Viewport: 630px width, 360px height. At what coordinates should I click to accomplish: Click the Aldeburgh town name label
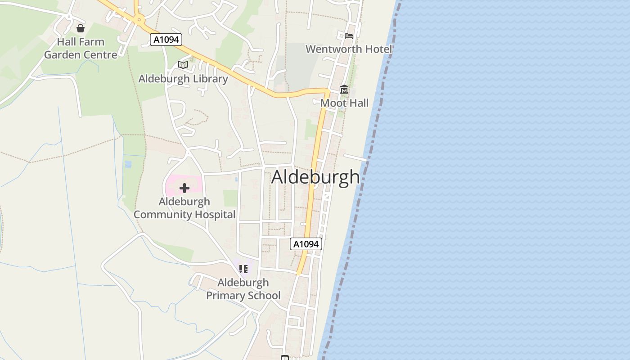[316, 177]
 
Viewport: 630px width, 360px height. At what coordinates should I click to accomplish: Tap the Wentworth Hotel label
[349, 49]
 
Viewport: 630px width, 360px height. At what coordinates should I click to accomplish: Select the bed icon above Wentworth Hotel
[349, 36]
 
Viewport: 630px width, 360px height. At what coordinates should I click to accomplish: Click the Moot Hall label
[344, 103]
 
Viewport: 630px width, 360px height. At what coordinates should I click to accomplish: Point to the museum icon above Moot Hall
[344, 90]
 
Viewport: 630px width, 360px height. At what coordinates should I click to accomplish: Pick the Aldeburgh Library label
[183, 79]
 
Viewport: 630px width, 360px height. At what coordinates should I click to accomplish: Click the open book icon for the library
[183, 65]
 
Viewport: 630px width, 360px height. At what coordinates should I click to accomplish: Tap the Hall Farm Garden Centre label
[81, 48]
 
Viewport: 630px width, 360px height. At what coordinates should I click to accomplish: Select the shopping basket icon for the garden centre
[81, 29]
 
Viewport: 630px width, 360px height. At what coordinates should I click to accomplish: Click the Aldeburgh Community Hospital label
[184, 208]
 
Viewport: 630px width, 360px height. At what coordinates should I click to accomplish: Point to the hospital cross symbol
[184, 188]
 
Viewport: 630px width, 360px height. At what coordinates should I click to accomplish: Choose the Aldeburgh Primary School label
[243, 289]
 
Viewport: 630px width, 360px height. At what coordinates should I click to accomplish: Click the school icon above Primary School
[243, 269]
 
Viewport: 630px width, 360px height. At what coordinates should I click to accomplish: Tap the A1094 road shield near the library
[166, 40]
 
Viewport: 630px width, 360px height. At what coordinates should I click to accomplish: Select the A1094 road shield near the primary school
[306, 244]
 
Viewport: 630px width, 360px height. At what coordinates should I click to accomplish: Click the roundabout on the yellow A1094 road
[139, 19]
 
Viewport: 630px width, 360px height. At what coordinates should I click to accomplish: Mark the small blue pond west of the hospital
[128, 164]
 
